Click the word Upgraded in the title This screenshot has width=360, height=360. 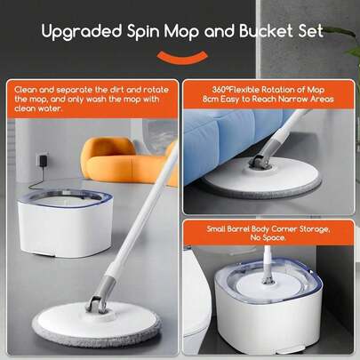(x=82, y=32)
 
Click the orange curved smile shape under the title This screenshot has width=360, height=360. (x=181, y=57)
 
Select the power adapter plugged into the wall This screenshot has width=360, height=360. (x=41, y=160)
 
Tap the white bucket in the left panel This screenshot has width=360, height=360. (x=65, y=222)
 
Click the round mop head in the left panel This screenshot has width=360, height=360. (x=97, y=324)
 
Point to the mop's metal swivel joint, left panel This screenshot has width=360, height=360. (x=96, y=305)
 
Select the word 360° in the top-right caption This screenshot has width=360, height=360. (x=220, y=90)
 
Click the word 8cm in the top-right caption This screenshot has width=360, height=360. (x=210, y=99)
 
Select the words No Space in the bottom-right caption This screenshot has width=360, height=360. (x=268, y=238)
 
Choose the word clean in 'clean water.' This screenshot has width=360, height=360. (x=25, y=108)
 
